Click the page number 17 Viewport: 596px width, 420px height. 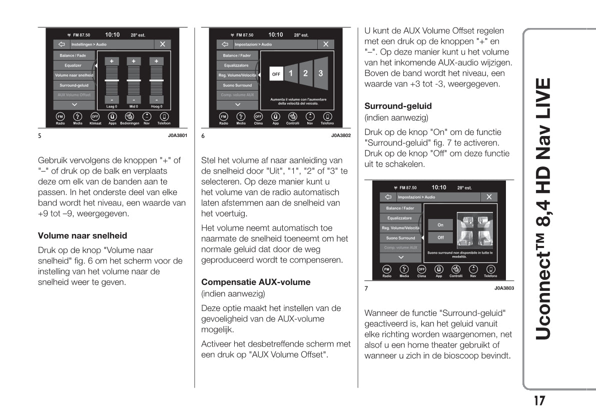tap(538, 401)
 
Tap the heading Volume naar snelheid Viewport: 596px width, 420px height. tap(83, 235)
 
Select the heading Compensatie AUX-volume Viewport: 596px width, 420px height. tap(255, 282)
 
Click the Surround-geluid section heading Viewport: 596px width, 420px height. tap(398, 106)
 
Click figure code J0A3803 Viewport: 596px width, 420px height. tap(504, 288)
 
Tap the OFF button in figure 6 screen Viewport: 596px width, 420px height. tap(276, 74)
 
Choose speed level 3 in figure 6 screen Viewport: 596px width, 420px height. tap(320, 73)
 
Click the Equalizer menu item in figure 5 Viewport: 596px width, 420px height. tap(74, 65)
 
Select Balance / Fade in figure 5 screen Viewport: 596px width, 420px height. tap(74, 55)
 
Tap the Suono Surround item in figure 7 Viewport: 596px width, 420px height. tap(400, 238)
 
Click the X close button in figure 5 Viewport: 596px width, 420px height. tap(162, 44)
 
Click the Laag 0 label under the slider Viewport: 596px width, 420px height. tap(112, 106)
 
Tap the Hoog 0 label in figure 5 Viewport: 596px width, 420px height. tap(157, 106)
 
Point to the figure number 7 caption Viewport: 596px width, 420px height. tap(366, 288)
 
